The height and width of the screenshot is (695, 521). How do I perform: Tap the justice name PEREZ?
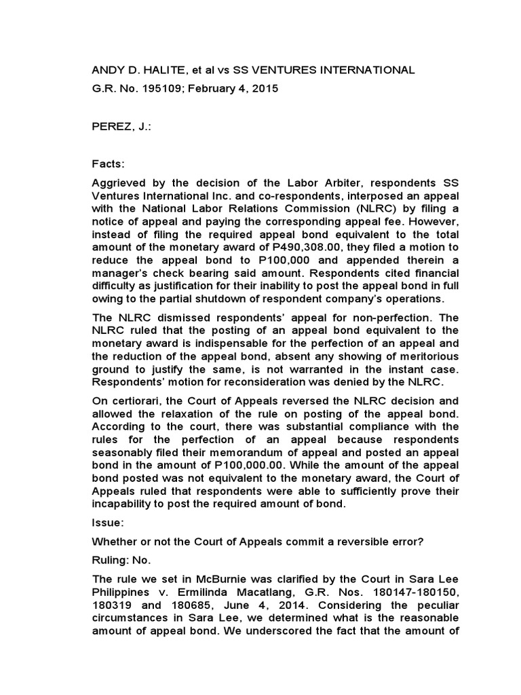[x=113, y=126]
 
